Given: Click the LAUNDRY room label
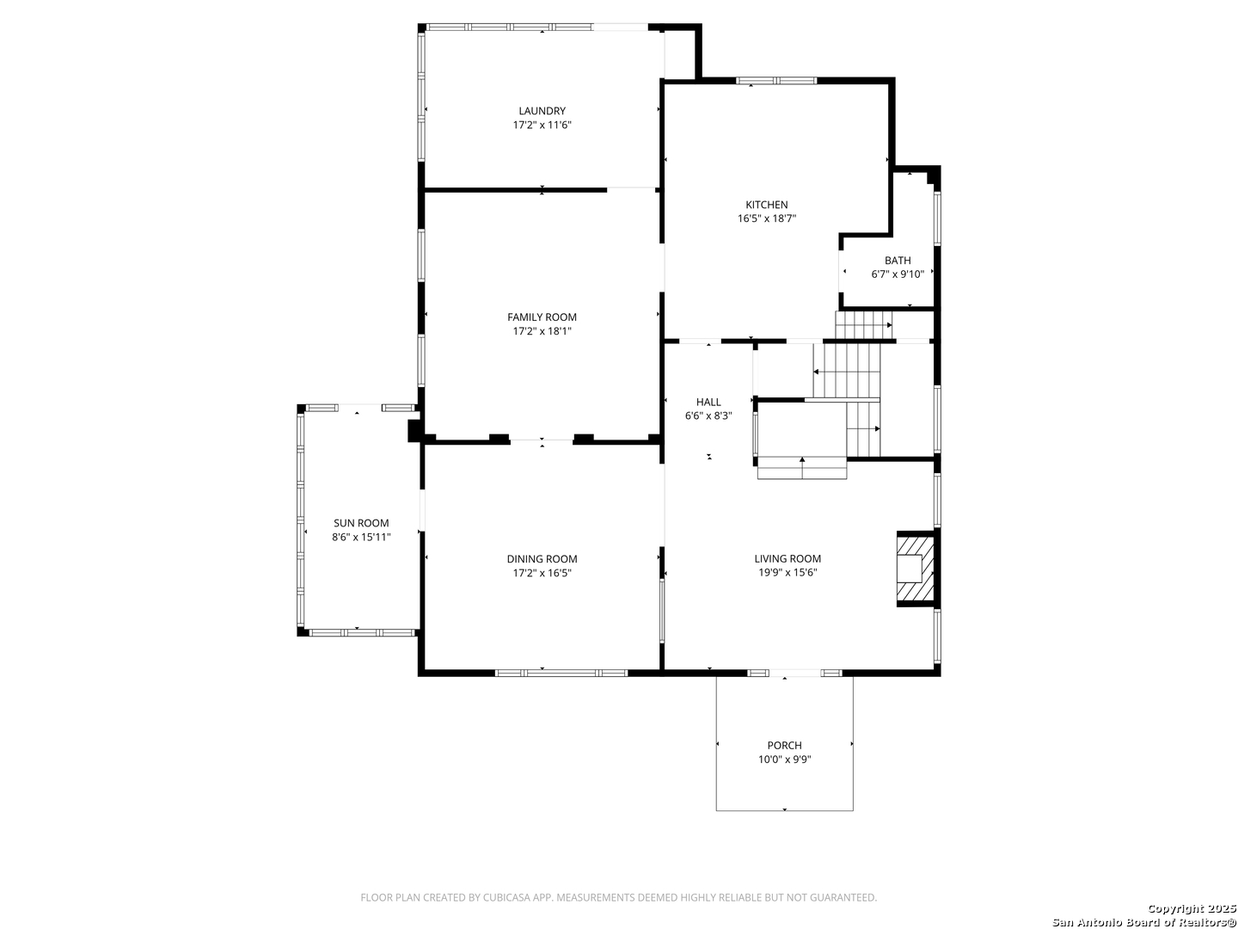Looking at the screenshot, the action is (542, 111).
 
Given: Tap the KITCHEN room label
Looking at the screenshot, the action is (766, 205).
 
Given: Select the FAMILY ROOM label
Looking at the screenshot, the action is (542, 317).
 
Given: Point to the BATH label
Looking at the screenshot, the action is (897, 261).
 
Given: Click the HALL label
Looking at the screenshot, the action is (708, 403).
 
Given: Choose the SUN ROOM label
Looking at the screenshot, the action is (361, 523).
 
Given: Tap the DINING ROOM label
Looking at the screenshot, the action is (542, 559).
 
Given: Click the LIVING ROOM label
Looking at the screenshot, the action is (788, 558).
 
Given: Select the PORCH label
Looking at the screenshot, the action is (784, 745).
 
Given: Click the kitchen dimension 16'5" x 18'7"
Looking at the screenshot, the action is (766, 218).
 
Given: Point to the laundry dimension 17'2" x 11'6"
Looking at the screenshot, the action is (542, 126).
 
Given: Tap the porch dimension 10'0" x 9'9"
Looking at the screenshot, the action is (784, 760).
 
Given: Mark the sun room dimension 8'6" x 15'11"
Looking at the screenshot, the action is (361, 537).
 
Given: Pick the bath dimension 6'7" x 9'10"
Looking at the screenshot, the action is (897, 274).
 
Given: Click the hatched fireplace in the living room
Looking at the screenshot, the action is (915, 568).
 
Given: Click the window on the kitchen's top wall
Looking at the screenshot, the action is (776, 81).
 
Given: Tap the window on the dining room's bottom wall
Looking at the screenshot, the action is (561, 673).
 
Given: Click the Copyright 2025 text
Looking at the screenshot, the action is (1191, 908).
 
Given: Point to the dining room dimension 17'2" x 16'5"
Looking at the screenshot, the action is (542, 573).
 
